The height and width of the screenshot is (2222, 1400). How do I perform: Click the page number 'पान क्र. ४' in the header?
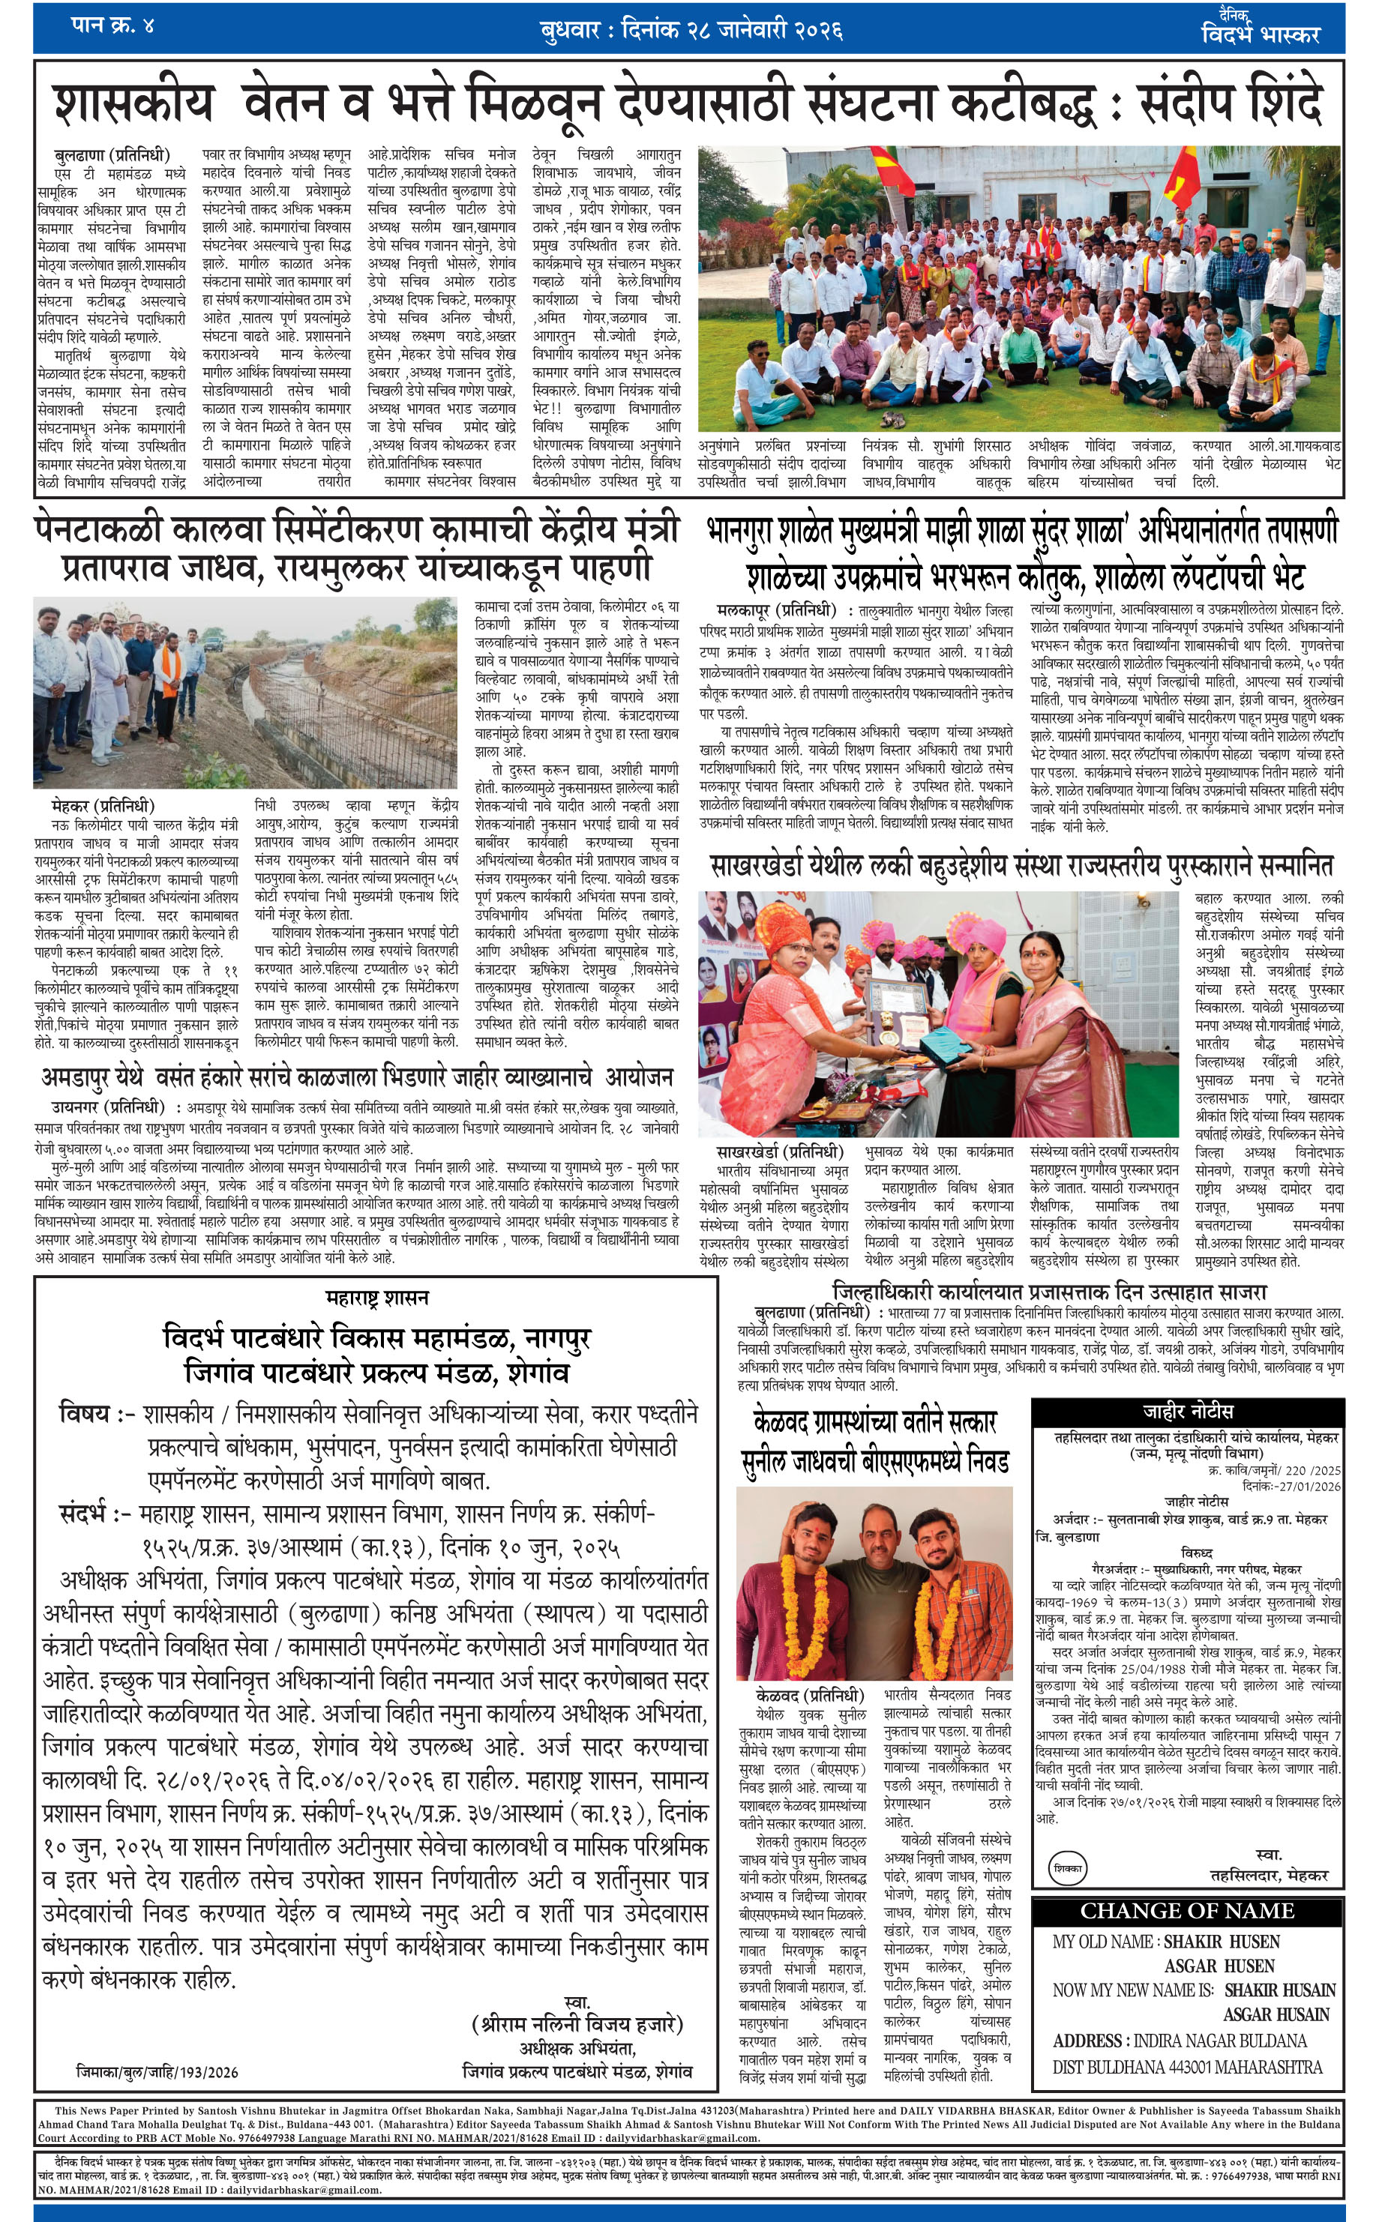(112, 25)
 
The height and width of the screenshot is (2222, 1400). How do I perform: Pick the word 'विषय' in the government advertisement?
(84, 1413)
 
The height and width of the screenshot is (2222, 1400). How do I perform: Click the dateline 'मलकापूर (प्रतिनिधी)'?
(775, 611)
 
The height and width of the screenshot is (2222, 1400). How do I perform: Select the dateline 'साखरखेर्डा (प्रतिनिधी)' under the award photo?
(780, 1151)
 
